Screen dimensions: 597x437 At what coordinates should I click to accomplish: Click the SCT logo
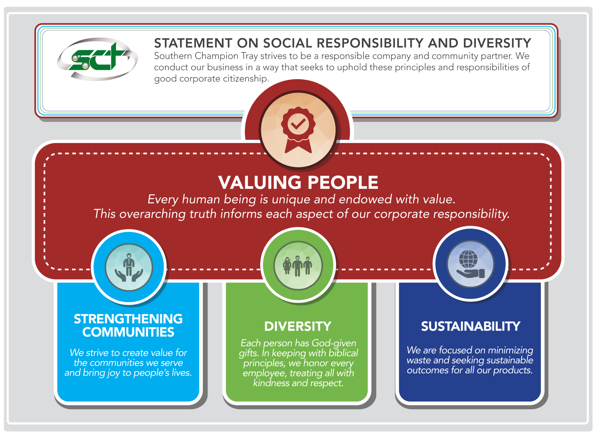click(97, 59)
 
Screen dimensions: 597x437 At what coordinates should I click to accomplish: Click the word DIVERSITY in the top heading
click(497, 43)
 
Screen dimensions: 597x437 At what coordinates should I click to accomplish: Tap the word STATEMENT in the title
click(193, 43)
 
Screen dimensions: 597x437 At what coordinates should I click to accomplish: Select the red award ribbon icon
click(298, 130)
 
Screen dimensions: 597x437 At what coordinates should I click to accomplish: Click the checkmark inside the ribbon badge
click(298, 124)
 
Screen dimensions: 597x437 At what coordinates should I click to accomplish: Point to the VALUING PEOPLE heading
click(298, 183)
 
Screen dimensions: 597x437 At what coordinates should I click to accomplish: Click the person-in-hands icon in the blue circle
click(129, 267)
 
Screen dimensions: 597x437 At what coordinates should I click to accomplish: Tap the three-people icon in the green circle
click(298, 266)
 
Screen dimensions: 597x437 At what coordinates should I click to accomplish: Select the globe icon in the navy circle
click(468, 259)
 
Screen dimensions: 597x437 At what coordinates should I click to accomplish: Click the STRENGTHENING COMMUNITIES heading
click(128, 325)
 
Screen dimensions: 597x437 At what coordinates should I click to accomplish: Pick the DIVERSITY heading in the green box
click(298, 326)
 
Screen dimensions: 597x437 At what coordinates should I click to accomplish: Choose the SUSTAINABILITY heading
click(470, 326)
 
